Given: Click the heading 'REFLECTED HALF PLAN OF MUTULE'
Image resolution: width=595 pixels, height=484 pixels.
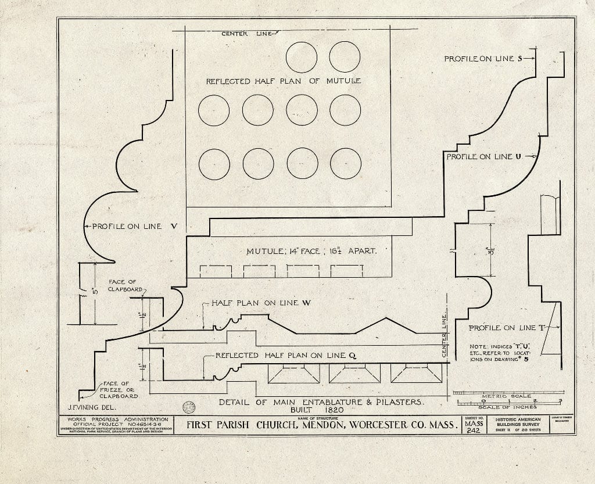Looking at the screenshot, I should [x=283, y=81].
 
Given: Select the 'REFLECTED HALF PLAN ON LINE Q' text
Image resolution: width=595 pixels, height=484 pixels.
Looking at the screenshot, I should [x=285, y=355].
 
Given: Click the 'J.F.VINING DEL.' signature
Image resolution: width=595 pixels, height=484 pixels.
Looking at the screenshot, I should [x=87, y=408].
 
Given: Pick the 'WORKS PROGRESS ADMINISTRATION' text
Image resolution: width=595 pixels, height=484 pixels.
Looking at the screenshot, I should [x=118, y=420].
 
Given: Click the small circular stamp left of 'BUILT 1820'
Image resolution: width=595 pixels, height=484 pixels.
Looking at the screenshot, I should [x=188, y=406].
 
